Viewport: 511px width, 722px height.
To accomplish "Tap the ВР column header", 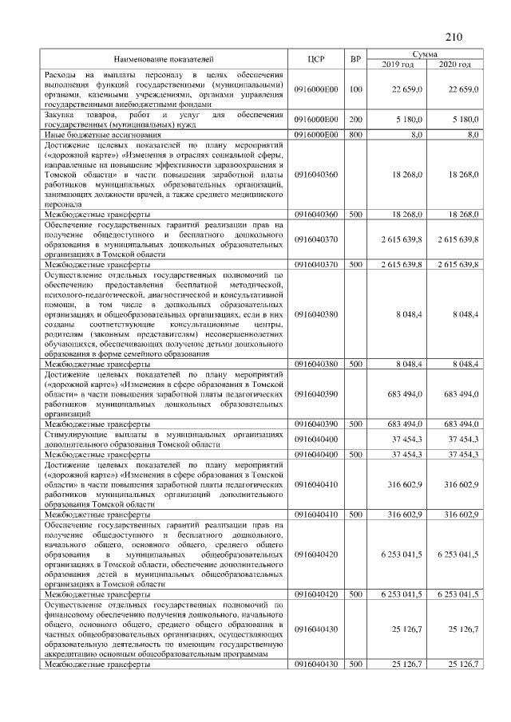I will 355,59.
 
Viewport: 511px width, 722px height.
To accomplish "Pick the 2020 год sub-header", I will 454,64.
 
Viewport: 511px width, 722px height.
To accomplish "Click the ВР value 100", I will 355,89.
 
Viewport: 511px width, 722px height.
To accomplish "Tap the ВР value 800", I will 355,135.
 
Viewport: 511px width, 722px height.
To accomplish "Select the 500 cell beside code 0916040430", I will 355,664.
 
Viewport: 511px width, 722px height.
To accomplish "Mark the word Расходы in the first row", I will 61,74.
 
